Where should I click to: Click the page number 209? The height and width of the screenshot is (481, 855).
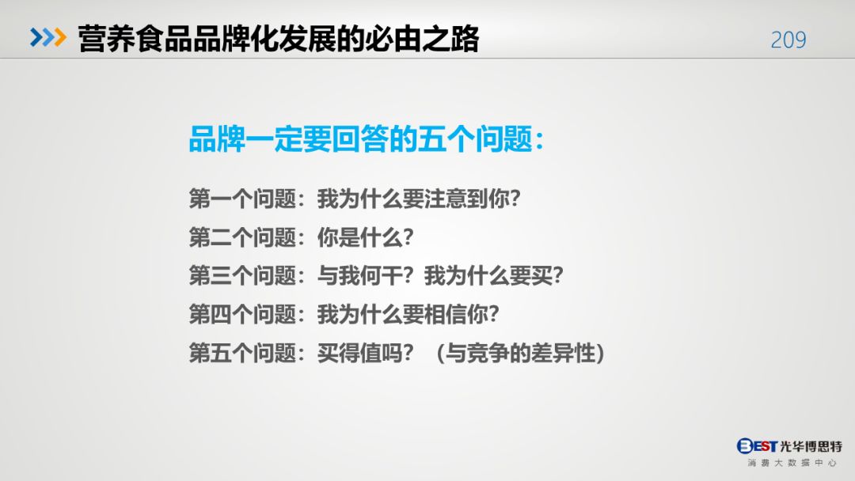coord(788,40)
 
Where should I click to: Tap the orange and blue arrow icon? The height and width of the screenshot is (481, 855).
coord(48,38)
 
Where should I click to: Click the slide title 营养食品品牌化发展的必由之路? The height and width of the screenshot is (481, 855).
coord(278,39)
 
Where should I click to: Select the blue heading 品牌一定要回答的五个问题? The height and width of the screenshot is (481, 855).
coord(360,139)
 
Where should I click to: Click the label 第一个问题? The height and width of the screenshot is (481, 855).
coord(242,199)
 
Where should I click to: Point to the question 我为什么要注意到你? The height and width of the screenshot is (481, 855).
coord(419,199)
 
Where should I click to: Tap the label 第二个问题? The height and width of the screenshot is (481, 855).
coord(242,237)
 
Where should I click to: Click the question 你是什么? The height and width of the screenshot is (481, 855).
coord(365,237)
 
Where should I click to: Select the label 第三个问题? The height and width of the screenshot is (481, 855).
coord(242,275)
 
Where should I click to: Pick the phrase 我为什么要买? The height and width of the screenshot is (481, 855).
coord(493,275)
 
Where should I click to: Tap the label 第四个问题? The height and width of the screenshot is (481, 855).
coord(242,314)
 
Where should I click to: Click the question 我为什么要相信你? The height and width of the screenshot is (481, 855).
coord(408,314)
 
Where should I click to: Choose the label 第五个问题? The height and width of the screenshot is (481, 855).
coord(242,353)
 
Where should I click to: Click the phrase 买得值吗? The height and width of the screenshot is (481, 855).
coord(365,353)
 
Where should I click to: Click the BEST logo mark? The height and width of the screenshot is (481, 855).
coord(757,446)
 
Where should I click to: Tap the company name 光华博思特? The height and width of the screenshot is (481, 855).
coord(811,446)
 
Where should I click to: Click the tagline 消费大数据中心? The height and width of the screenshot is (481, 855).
coord(792,463)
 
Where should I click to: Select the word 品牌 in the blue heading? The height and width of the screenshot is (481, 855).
coord(217,139)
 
